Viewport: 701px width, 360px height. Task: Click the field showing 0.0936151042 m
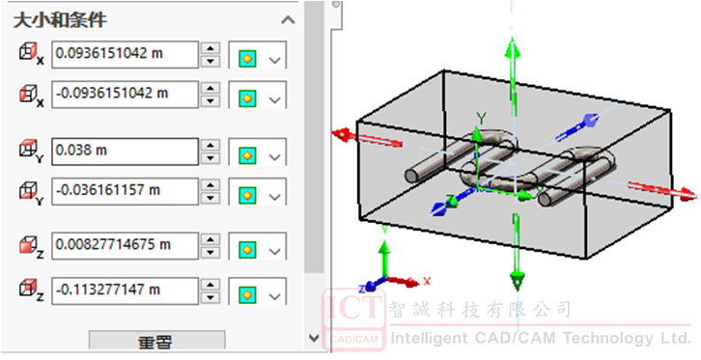[125, 54]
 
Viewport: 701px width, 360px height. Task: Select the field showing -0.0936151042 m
[125, 95]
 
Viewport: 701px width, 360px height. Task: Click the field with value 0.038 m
[125, 152]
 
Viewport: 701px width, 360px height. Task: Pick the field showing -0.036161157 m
[125, 191]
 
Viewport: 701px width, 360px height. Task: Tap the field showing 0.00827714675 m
[125, 246]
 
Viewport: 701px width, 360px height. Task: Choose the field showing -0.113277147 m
[125, 291]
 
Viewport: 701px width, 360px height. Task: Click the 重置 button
[156, 342]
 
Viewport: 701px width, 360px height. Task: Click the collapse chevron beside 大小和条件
[288, 20]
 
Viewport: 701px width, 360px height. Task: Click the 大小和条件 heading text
[60, 20]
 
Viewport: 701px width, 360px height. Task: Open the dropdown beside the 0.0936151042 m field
[275, 60]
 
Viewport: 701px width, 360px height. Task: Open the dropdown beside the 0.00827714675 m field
[275, 252]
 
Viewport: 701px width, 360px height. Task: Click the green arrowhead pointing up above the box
[513, 48]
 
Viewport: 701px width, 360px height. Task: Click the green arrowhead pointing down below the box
[517, 282]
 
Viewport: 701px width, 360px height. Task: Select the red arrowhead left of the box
[342, 133]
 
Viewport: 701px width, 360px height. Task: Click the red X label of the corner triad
[427, 281]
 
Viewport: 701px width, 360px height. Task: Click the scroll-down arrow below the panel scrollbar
[314, 338]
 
